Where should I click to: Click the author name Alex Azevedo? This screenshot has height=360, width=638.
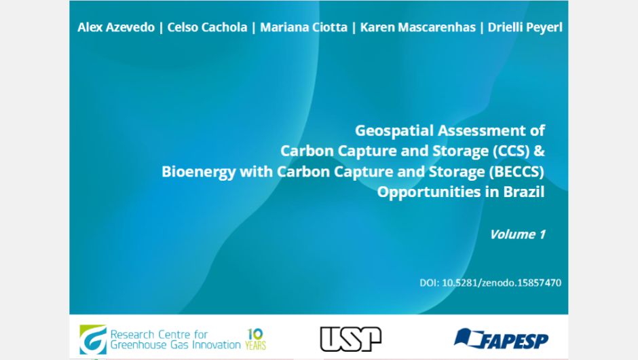click(116, 27)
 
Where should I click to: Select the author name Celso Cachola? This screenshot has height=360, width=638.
click(207, 27)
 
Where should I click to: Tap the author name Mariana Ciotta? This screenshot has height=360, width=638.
click(303, 27)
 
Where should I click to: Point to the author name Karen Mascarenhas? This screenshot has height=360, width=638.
click(418, 27)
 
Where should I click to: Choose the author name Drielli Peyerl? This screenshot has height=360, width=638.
click(525, 27)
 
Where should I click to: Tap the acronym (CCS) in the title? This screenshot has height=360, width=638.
click(511, 151)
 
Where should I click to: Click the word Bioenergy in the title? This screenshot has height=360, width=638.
click(199, 172)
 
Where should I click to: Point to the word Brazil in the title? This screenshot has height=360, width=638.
click(524, 192)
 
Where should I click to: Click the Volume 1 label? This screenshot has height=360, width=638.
click(517, 234)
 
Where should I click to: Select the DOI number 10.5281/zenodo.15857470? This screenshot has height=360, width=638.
click(502, 283)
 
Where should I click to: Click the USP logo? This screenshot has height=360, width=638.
click(350, 339)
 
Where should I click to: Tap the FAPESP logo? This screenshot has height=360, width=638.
click(501, 339)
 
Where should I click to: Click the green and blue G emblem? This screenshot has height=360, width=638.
click(93, 340)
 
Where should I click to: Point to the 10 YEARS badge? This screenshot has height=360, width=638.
click(255, 339)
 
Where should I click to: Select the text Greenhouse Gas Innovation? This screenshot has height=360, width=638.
click(175, 345)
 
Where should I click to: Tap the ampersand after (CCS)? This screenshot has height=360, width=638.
click(539, 151)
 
